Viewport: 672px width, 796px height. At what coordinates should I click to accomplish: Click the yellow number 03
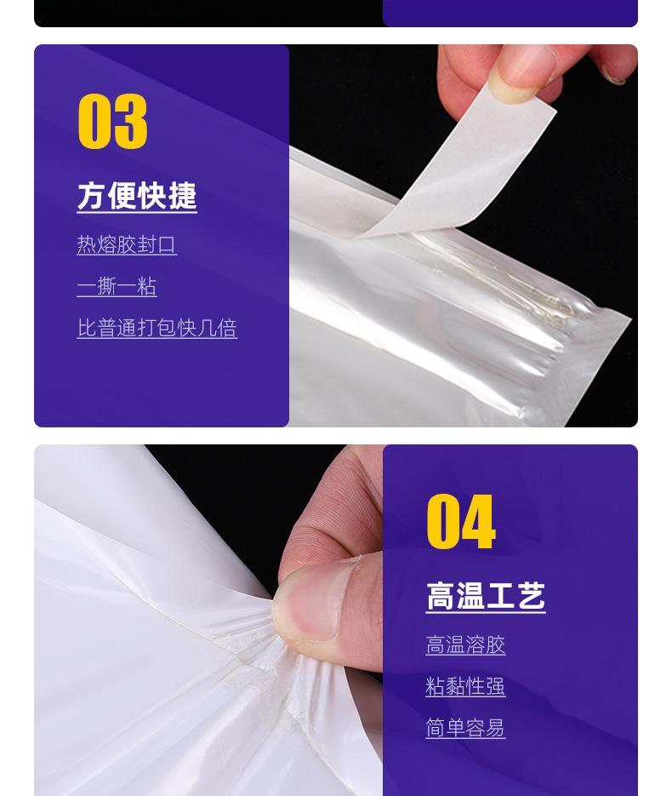pos(112,122)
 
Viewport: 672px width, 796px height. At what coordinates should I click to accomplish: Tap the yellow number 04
pos(460,522)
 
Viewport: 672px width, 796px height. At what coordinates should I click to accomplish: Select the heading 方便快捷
pos(137,196)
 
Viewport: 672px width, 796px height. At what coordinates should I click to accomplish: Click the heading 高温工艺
pos(485,596)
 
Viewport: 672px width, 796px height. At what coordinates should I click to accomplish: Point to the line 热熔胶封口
pos(127,245)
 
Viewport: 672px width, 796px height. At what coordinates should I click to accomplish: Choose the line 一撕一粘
pos(117,286)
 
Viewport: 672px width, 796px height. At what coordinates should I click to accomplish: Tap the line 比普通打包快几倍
pos(157,328)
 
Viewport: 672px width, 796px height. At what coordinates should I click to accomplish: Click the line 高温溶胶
pos(465,645)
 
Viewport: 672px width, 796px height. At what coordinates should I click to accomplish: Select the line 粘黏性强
pos(465,686)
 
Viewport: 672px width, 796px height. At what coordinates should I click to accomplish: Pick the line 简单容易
pos(465,728)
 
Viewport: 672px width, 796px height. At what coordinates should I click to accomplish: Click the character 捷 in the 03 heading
pos(182,196)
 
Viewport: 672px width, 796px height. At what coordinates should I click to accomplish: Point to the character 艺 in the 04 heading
pos(531,596)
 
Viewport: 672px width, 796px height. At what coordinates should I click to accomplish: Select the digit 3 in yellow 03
pos(130,122)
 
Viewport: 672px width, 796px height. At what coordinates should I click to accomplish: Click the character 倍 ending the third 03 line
pos(227,328)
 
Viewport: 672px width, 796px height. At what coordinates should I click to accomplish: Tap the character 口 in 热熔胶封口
pos(167,245)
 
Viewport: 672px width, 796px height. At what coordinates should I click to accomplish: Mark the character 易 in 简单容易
pos(495,728)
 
